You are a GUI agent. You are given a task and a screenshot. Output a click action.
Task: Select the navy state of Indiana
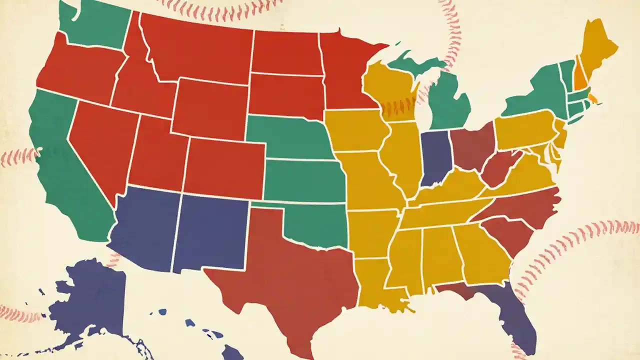[435, 157]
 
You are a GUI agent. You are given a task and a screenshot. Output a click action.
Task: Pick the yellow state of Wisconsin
[390, 90]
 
